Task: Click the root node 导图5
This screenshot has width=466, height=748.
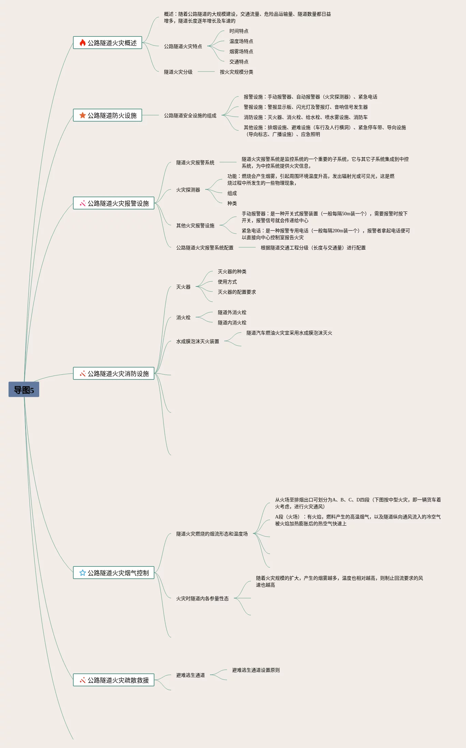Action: point(24,390)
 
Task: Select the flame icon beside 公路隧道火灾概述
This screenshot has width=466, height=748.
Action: point(82,43)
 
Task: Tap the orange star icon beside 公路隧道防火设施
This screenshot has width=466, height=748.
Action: point(82,115)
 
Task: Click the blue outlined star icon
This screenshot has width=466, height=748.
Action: point(82,573)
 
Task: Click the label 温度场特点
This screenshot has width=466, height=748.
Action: point(241,41)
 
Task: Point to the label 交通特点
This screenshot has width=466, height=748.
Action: point(239,62)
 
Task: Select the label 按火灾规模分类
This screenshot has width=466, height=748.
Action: point(236,72)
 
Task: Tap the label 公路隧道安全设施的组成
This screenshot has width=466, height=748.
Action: point(190,115)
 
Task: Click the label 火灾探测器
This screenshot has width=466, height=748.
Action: point(188,190)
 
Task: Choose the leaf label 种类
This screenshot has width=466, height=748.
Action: point(232,203)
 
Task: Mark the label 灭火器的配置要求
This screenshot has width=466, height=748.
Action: point(237,292)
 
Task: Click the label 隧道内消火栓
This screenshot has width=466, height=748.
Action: point(232,323)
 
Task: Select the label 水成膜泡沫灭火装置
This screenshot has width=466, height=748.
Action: point(197,341)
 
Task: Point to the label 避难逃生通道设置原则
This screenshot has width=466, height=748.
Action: point(256,670)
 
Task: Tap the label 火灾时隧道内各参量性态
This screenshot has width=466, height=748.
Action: point(202,598)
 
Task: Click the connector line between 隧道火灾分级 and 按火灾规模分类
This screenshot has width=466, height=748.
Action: point(206,72)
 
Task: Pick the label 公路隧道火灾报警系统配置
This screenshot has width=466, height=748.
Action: point(205,248)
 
